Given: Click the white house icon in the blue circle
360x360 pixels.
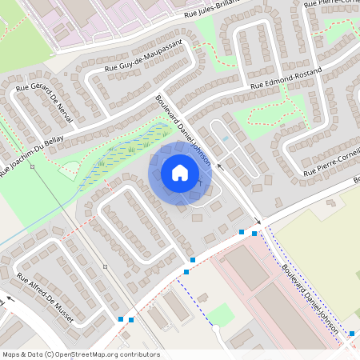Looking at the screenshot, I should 180,172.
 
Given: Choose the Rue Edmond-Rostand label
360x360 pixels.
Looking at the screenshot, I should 286,78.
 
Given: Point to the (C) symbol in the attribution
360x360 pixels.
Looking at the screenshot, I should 49,354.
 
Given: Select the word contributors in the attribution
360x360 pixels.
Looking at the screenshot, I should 141,354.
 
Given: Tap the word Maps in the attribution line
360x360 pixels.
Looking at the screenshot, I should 11,354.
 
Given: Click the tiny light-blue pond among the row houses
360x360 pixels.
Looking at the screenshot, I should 225,138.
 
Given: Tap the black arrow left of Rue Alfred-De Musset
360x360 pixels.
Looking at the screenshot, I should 8,302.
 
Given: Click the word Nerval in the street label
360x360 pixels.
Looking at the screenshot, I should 65,114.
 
